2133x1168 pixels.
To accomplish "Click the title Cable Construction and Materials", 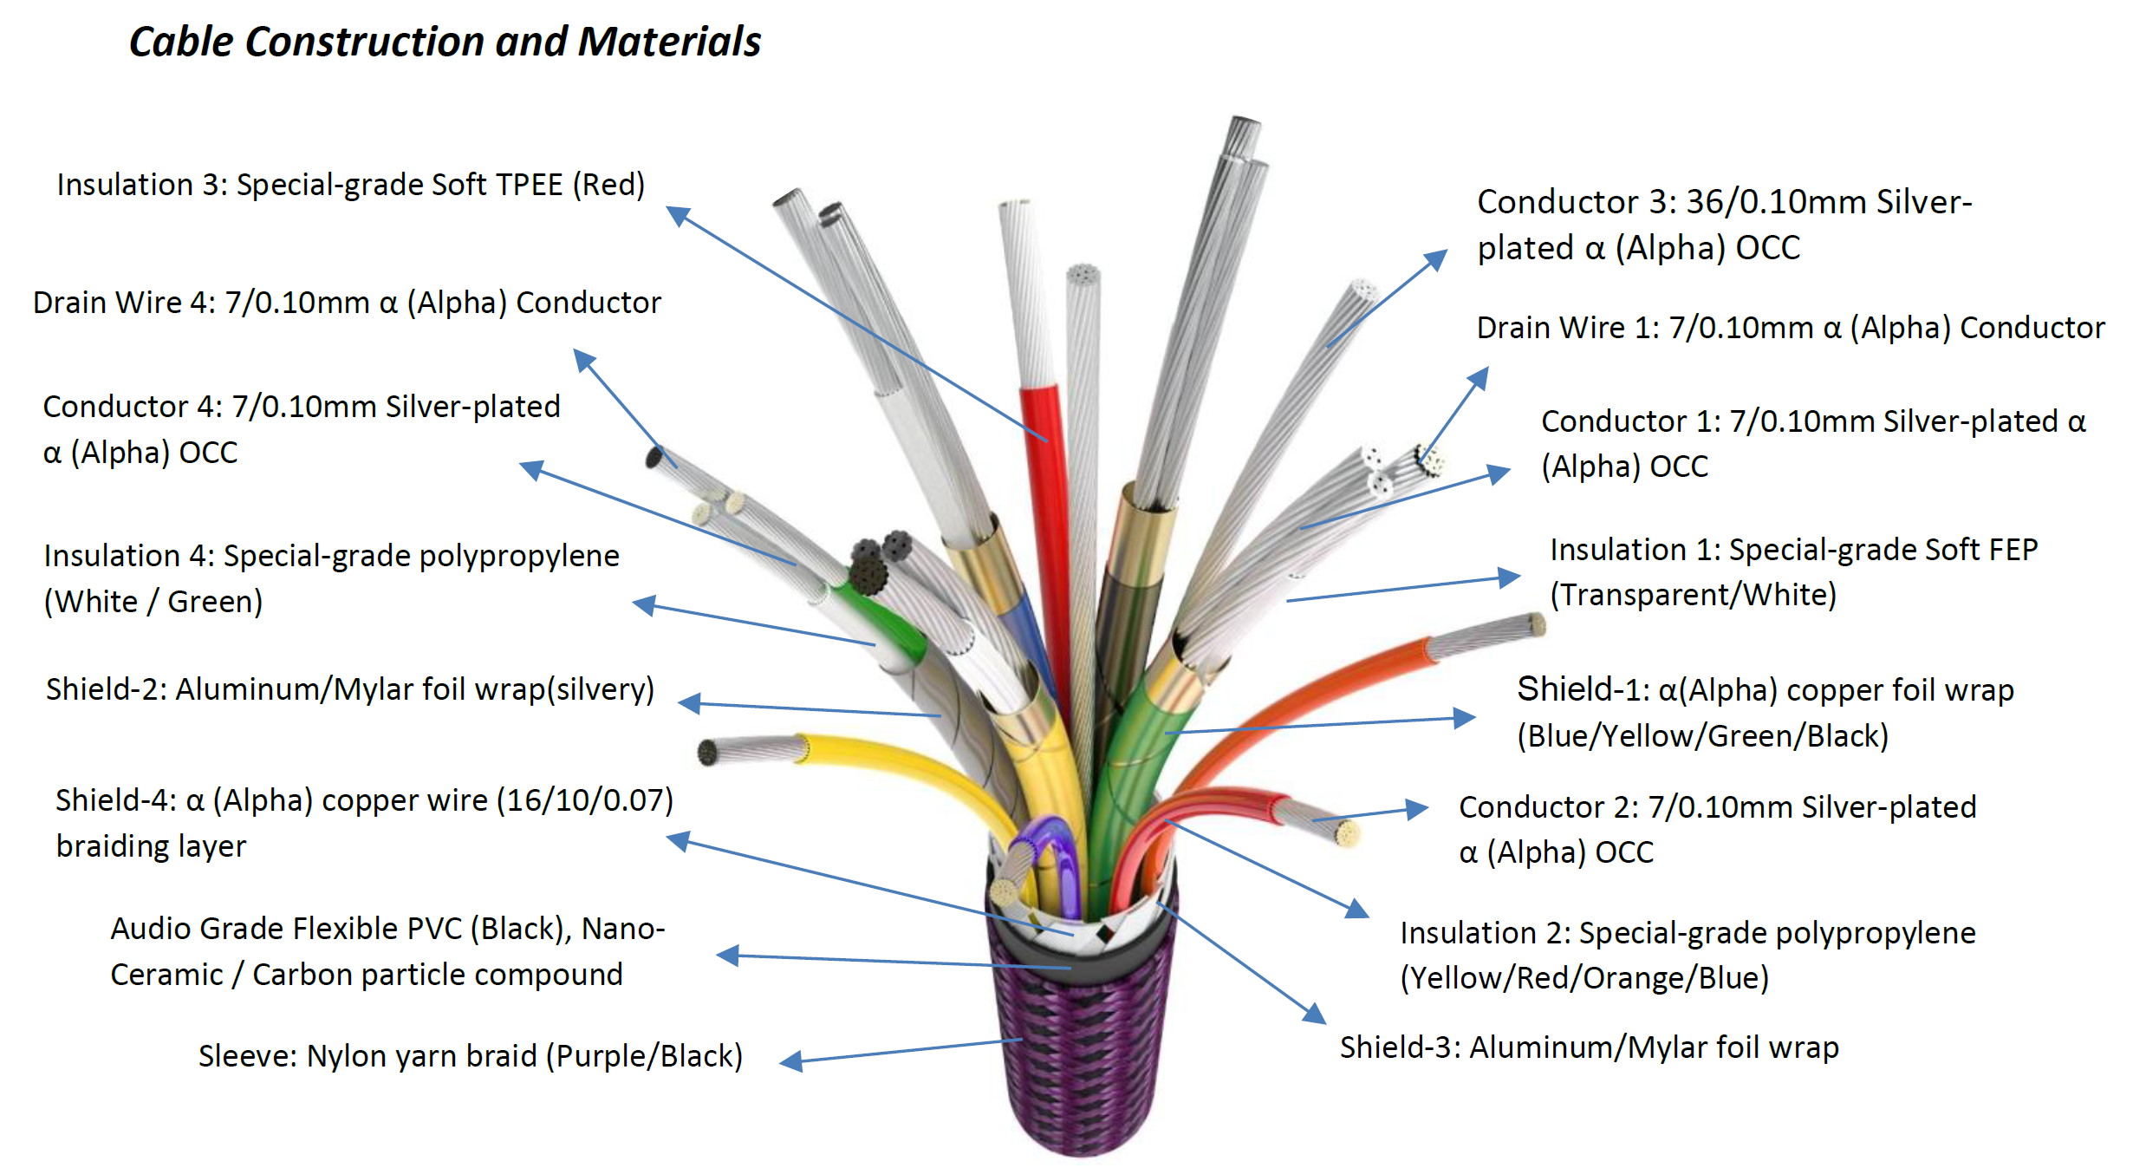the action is click(445, 42).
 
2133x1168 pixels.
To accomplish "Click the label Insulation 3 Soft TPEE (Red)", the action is click(351, 185).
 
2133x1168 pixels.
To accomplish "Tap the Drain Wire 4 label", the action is click(347, 303).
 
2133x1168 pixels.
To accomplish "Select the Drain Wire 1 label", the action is click(1791, 328).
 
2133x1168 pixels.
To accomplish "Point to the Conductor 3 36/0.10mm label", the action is click(1725, 225).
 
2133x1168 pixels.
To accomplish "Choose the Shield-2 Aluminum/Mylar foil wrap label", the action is click(350, 689).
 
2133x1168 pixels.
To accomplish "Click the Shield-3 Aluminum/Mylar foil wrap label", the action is click(1590, 1047).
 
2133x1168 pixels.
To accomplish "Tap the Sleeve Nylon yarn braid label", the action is click(471, 1056).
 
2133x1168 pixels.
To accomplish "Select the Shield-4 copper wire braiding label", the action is click(364, 823).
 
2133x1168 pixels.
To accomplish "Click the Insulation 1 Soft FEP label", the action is click(1794, 572).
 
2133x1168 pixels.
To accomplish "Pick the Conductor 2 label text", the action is click(1718, 829).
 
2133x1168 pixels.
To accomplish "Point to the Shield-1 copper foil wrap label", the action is click(1766, 712).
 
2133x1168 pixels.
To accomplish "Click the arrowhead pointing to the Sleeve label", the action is click(790, 1060).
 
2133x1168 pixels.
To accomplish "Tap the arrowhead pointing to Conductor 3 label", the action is click(1436, 259).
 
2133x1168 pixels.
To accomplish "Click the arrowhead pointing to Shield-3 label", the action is click(1315, 1013).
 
